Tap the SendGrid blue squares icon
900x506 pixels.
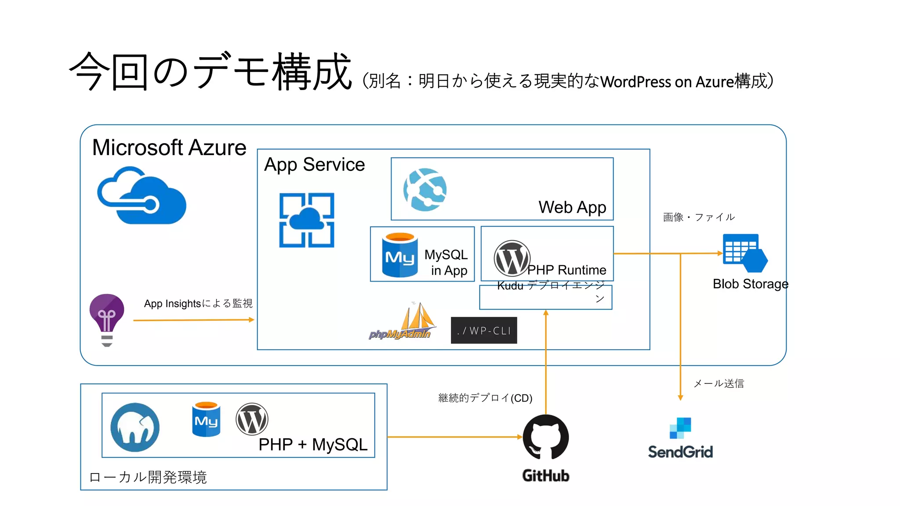(x=680, y=428)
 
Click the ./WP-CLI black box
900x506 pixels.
(x=484, y=330)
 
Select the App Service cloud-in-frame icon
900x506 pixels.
(x=307, y=220)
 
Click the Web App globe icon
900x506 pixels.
(x=425, y=190)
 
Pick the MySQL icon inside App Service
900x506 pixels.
(x=399, y=255)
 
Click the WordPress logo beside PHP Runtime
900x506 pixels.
(x=512, y=259)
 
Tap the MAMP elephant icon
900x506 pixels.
(x=135, y=427)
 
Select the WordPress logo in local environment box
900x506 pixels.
(x=252, y=419)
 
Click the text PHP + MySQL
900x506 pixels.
(x=313, y=445)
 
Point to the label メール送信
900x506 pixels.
(x=719, y=383)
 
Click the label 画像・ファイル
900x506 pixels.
(x=699, y=217)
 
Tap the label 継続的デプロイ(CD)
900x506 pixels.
(x=485, y=398)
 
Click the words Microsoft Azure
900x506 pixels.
(x=169, y=148)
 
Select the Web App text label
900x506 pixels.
(x=572, y=207)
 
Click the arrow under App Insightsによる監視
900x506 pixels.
(x=193, y=320)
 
